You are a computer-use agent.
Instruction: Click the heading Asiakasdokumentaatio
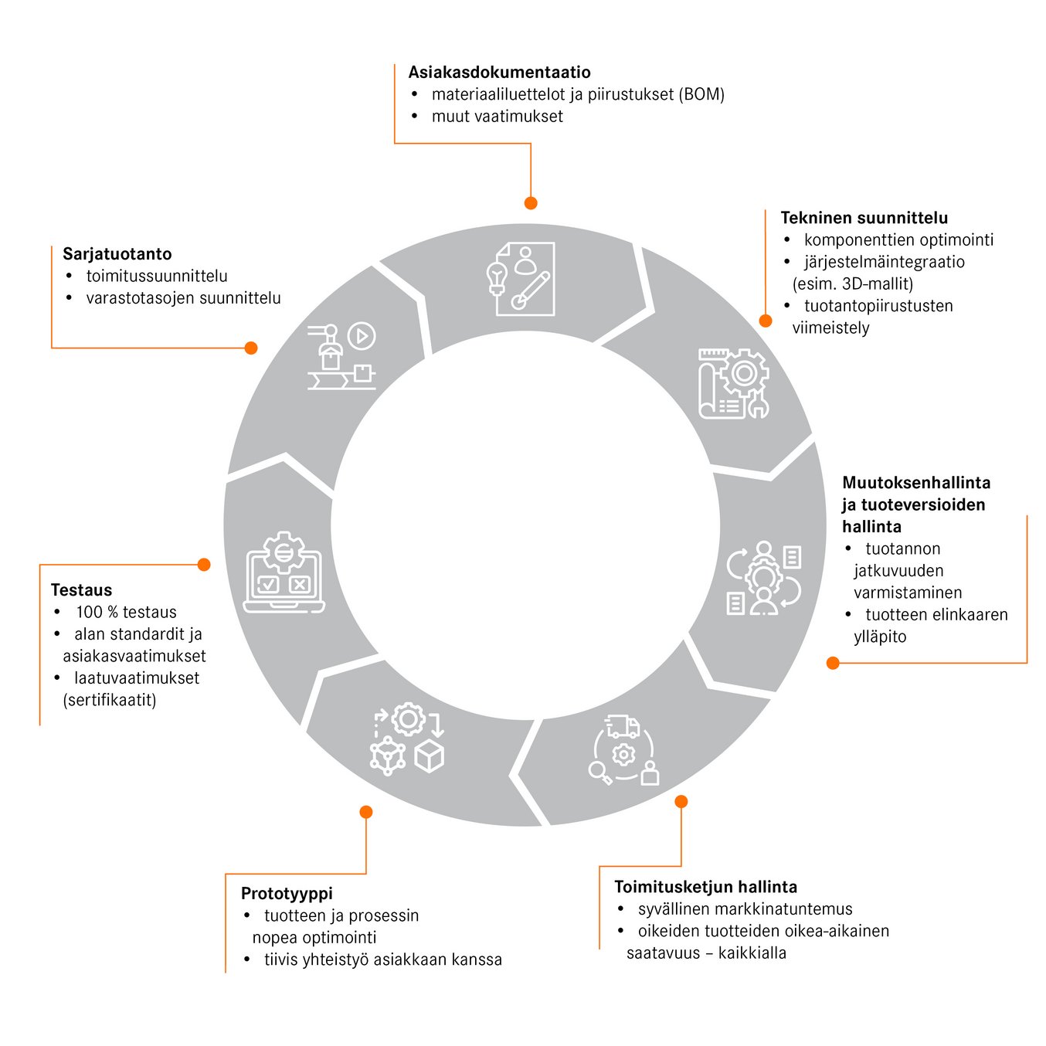click(499, 72)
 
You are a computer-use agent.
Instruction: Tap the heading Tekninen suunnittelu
click(864, 218)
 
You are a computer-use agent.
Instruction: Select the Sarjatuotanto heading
click(117, 253)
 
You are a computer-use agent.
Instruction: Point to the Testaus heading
click(81, 589)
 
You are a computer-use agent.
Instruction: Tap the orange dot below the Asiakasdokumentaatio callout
click(530, 203)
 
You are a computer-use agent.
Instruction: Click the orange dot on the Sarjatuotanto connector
click(251, 348)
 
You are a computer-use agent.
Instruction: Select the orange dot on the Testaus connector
click(204, 565)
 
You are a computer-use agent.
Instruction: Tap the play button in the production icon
click(362, 336)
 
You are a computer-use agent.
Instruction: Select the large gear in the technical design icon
click(744, 373)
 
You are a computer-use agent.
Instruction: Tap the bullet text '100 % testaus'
click(127, 612)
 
